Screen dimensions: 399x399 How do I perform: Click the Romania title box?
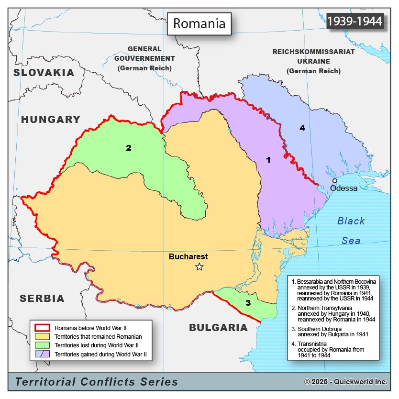[199, 23]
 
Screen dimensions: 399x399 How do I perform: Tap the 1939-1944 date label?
[355, 21]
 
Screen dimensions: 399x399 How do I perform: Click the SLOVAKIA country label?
[44, 73]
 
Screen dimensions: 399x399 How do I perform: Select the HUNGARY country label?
[50, 120]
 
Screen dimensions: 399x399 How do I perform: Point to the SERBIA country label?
[42, 299]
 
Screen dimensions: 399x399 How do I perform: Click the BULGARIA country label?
[219, 328]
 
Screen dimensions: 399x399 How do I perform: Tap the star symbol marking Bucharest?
[199, 267]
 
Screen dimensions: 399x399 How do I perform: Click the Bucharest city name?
[188, 257]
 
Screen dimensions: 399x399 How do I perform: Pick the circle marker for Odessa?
[335, 181]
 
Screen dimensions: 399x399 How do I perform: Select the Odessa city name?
[344, 188]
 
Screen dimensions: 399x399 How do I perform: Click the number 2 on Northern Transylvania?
[128, 148]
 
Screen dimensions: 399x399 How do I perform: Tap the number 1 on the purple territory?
[268, 160]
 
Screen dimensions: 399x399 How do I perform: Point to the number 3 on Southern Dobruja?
[248, 303]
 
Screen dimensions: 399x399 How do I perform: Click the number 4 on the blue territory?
[302, 128]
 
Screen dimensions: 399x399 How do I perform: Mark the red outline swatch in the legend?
[43, 328]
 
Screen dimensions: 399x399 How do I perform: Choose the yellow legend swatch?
[43, 337]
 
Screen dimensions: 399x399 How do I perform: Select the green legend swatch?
[43, 346]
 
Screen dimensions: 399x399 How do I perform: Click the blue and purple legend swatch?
[43, 355]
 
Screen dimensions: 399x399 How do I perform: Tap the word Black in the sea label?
[351, 221]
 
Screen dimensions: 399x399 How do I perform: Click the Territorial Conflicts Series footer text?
[97, 382]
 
